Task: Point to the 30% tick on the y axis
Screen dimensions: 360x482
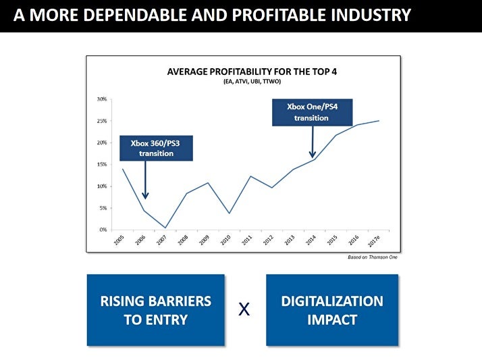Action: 101,99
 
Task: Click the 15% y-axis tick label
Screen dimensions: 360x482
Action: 101,164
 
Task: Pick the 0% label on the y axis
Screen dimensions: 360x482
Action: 103,230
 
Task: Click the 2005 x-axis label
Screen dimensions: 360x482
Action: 119,240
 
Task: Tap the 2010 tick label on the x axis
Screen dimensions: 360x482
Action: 226,240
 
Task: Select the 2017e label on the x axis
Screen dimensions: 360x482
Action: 375,241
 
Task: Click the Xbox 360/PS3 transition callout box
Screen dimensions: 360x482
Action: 156,148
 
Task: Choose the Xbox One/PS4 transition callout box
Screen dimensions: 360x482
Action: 312,111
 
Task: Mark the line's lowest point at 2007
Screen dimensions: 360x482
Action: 165,228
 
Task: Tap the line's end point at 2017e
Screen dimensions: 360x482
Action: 379,121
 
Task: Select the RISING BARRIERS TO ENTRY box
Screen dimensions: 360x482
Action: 156,310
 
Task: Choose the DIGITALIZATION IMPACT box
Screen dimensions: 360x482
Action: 331,310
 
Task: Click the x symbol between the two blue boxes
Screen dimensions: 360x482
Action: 244,310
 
